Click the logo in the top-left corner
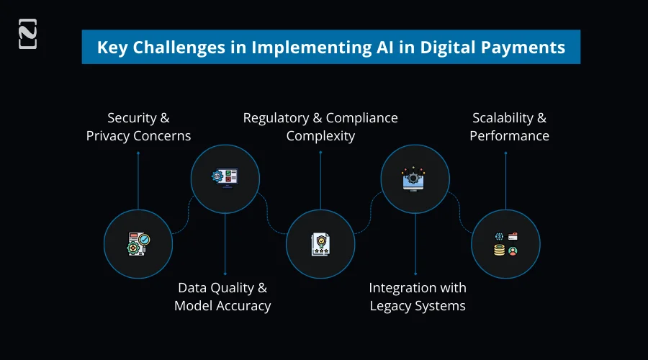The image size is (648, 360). pyautogui.click(x=27, y=35)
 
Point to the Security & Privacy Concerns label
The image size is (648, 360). pyautogui.click(x=138, y=126)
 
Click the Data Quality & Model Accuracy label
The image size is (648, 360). pyautogui.click(x=222, y=297)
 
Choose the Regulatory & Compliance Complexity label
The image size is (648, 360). pyautogui.click(x=320, y=126)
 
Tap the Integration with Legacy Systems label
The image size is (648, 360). pyautogui.click(x=418, y=297)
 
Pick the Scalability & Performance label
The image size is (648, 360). pyautogui.click(x=509, y=126)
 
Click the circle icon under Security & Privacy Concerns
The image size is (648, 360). pyautogui.click(x=138, y=244)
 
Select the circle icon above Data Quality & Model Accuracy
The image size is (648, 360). pyautogui.click(x=225, y=177)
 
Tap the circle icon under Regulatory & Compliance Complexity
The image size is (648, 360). pyautogui.click(x=320, y=244)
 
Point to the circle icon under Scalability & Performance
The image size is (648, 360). pyautogui.click(x=505, y=244)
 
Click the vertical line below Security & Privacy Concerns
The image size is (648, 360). pyautogui.click(x=138, y=180)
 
